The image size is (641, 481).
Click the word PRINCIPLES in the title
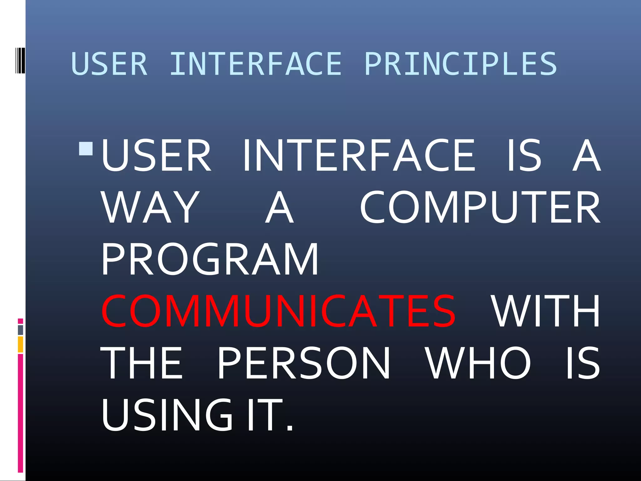(x=461, y=64)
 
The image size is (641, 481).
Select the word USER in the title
(x=109, y=64)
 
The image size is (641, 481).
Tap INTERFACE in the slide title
(x=255, y=64)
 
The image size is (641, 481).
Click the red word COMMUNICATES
(x=278, y=311)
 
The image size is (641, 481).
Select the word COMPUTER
(x=480, y=207)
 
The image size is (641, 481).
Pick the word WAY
(x=151, y=207)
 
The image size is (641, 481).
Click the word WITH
(x=545, y=311)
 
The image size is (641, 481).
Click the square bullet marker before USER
(x=86, y=149)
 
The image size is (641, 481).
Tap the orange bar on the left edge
(x=20, y=344)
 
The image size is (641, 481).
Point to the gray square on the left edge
(x=20, y=330)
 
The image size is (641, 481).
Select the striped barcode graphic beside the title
(x=20, y=60)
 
